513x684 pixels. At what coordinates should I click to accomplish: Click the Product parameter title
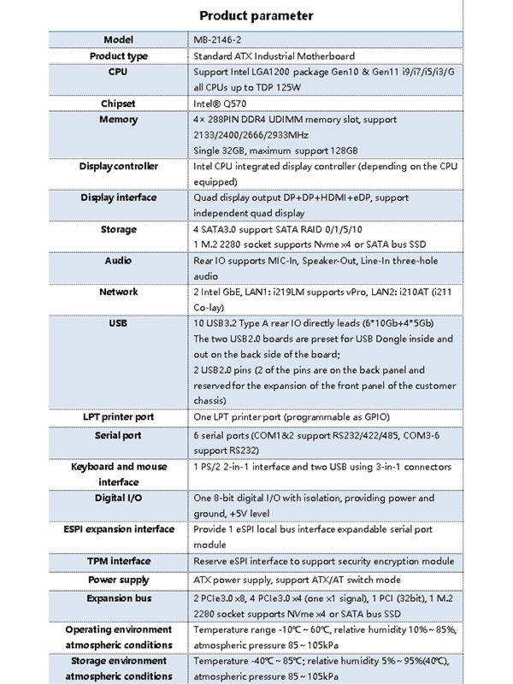[256, 15]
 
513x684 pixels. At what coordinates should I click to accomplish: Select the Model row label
[119, 40]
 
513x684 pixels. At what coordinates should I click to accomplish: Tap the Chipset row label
[119, 103]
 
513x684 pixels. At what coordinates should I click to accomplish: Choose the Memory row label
[119, 120]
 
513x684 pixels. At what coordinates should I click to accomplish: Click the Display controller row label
[119, 167]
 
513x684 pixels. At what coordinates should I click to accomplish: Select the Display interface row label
[119, 198]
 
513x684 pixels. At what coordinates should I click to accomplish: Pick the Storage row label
[119, 229]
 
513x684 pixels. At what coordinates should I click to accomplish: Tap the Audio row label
[119, 261]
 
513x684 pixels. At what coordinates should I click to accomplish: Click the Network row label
[119, 292]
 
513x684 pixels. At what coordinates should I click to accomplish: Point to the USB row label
[119, 324]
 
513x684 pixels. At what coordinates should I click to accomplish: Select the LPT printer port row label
[119, 417]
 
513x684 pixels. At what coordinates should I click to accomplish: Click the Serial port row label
[119, 435]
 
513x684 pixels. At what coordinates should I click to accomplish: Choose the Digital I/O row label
[119, 498]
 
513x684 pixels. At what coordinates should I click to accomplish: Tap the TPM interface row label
[119, 561]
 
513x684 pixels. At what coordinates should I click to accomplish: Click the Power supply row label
[119, 580]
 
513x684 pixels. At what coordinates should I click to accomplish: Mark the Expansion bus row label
[119, 598]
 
